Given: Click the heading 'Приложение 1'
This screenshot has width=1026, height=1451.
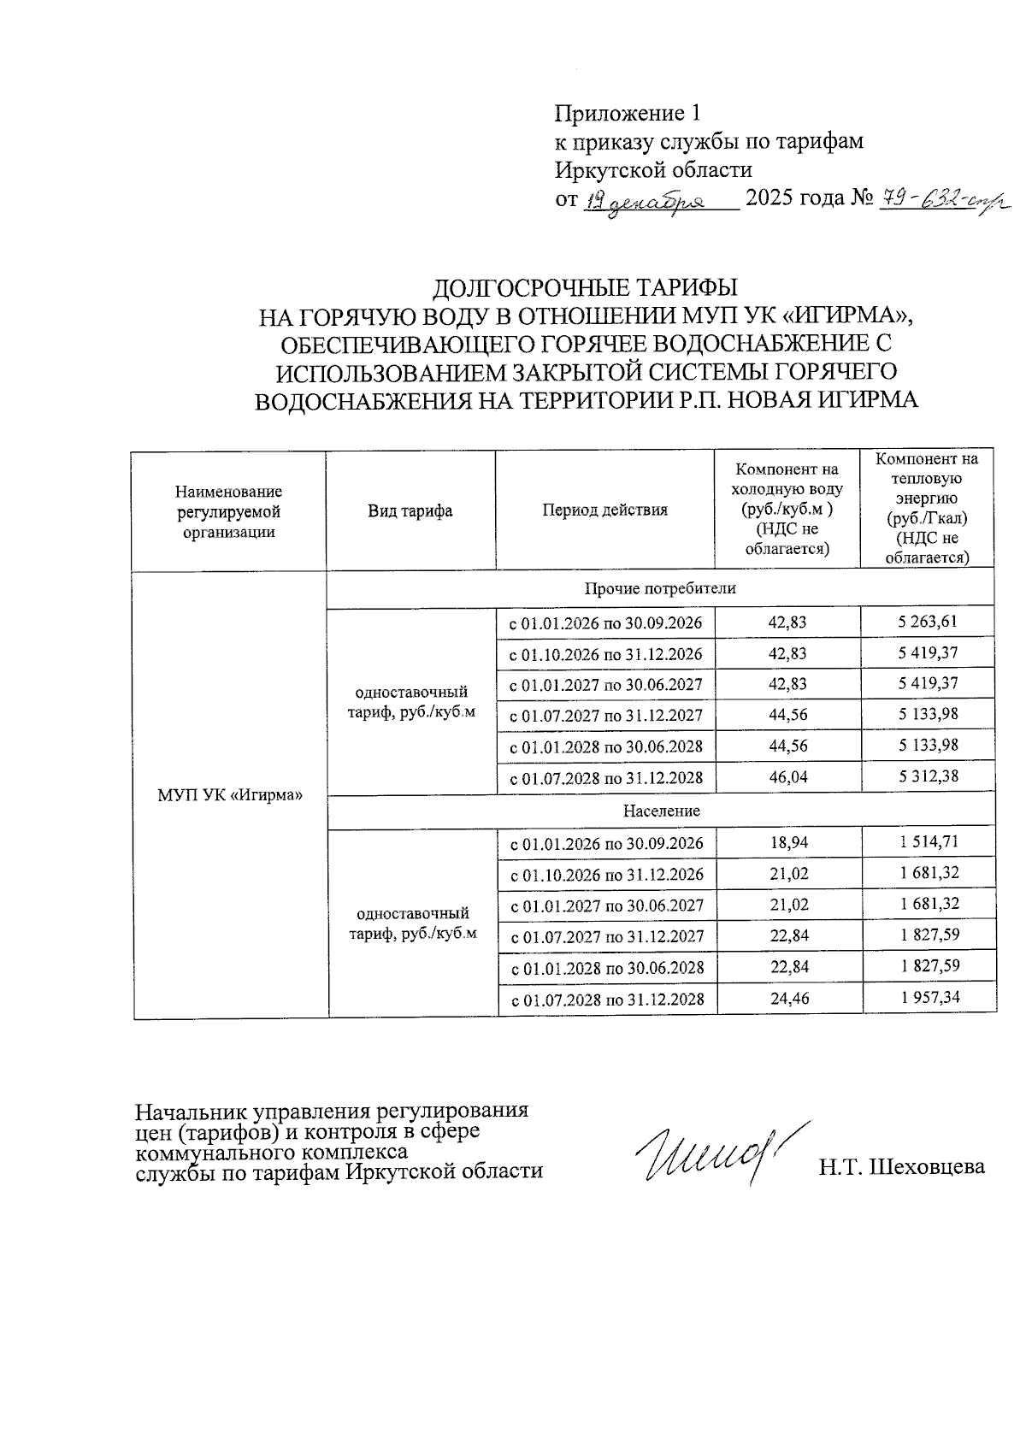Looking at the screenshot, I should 628,113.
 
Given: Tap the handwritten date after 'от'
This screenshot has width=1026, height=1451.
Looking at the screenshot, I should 655,203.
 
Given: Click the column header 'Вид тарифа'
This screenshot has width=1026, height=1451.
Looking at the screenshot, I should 410,511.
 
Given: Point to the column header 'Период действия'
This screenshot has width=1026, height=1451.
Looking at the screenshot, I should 604,510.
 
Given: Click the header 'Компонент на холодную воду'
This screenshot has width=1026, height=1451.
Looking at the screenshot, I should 787,510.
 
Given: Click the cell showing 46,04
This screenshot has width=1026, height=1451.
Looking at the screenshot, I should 787,777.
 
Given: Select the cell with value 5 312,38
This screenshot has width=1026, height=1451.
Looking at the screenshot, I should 928,776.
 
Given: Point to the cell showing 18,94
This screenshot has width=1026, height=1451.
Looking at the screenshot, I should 787,843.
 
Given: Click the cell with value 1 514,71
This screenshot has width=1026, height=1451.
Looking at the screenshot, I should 929,842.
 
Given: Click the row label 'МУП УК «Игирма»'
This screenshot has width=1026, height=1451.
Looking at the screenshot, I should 231,794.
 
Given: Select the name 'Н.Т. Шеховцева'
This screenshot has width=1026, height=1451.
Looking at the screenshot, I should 901,1167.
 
